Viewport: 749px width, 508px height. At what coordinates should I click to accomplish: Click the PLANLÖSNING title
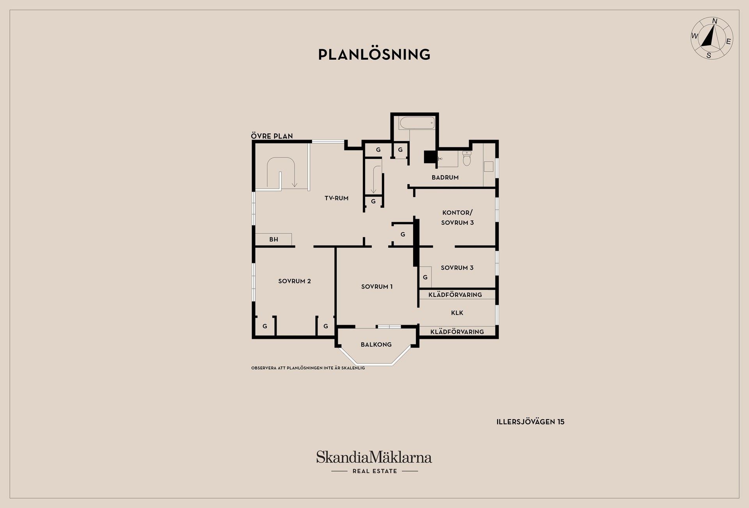point(374,54)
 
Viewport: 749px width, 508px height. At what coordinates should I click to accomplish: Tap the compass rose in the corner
point(712,38)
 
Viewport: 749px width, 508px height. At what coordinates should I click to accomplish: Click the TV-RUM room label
point(336,198)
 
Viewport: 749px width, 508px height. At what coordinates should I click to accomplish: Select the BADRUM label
point(445,178)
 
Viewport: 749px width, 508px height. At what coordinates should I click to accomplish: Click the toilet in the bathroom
point(467,158)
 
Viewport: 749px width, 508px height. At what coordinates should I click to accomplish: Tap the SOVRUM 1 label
point(377,287)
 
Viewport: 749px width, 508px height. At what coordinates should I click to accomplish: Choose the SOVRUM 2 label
point(295,281)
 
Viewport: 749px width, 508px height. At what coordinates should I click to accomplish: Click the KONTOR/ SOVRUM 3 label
point(458,218)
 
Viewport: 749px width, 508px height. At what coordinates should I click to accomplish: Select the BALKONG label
point(376,345)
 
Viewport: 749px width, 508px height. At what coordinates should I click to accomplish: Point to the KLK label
point(457,313)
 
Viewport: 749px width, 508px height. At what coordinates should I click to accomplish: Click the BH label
point(273,240)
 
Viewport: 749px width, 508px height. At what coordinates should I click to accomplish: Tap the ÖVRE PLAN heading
point(272,136)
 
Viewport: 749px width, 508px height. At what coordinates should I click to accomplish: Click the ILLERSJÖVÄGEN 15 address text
point(531,422)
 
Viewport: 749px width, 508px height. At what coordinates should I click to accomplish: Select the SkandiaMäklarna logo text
point(374,457)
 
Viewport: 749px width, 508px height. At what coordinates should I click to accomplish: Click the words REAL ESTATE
point(375,471)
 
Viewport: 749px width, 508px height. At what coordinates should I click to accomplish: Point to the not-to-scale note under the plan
point(308,368)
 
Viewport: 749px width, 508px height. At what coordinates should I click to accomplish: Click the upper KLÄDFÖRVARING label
point(455,295)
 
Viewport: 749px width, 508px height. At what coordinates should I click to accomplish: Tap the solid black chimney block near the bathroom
point(430,157)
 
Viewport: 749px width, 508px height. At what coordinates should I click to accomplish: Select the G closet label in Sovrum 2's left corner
point(264,326)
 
